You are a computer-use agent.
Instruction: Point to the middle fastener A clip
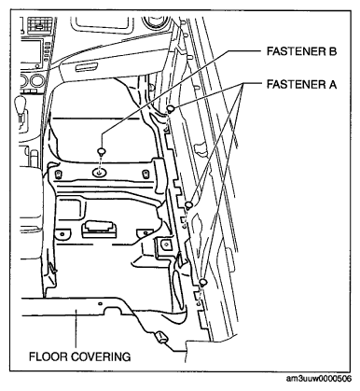[188, 204]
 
